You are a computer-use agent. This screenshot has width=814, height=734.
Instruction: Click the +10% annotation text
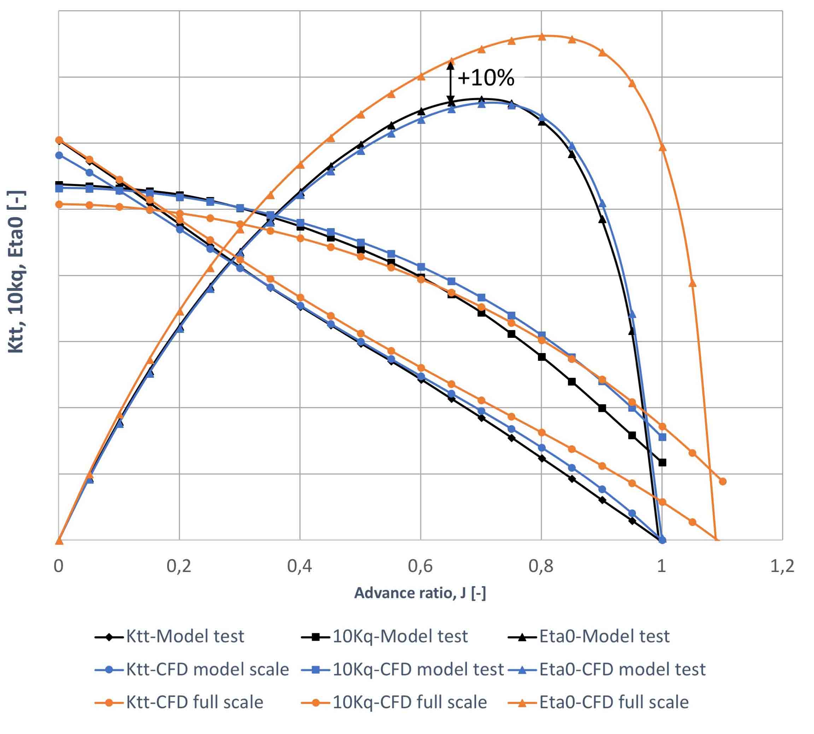pyautogui.click(x=486, y=78)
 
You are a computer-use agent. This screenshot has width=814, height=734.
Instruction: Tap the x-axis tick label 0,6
pyautogui.click(x=420, y=566)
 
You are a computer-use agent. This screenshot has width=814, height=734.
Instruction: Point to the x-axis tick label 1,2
pyautogui.click(x=782, y=566)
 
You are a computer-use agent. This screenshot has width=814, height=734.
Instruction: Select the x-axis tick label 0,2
pyautogui.click(x=179, y=566)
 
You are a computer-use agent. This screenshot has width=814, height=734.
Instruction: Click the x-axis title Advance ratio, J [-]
pyautogui.click(x=420, y=593)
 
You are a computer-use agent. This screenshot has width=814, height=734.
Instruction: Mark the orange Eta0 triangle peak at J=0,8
pyautogui.click(x=541, y=37)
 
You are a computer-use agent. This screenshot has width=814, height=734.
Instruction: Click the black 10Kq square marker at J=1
pyautogui.click(x=662, y=462)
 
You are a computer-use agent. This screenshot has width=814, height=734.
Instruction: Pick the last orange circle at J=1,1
pyautogui.click(x=722, y=481)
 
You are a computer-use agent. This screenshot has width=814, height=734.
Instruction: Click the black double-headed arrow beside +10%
pyautogui.click(x=451, y=81)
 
